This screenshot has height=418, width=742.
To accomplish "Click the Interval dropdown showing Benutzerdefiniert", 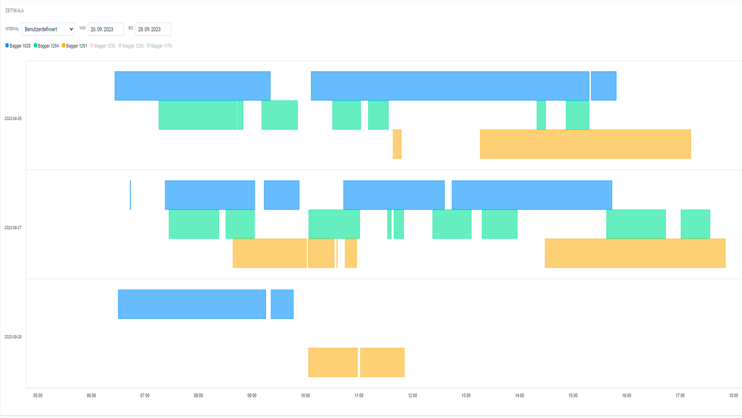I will (x=48, y=29).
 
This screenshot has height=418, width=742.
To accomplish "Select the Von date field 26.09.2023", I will (x=106, y=29).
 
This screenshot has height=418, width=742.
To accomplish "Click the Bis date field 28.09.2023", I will (x=153, y=29).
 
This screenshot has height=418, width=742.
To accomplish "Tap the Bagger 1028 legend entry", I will (x=18, y=46).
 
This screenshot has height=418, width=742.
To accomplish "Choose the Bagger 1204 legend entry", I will (x=46, y=46).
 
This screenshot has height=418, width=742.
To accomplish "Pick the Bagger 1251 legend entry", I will (x=75, y=46).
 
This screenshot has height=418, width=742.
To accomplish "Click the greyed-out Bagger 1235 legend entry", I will (x=103, y=46).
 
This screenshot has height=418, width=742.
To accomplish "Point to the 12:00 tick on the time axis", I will (x=412, y=395).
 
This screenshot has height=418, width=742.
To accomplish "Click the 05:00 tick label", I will (x=38, y=395).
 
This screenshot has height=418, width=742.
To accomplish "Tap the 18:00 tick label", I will (x=733, y=395).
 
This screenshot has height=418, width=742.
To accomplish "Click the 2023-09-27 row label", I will (x=13, y=228).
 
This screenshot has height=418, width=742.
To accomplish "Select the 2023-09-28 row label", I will (x=13, y=337).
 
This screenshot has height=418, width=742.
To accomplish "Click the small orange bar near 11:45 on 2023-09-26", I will (x=397, y=144).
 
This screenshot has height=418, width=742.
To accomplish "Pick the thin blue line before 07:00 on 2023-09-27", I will (x=130, y=195).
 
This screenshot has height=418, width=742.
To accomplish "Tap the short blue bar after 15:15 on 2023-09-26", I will (x=603, y=86).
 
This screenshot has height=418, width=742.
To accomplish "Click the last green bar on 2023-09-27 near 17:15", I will (x=695, y=224).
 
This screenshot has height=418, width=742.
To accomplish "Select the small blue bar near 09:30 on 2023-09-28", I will (x=282, y=304).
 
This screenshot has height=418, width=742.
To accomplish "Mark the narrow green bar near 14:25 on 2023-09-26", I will (x=541, y=115).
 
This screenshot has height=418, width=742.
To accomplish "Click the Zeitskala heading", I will (x=14, y=10).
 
